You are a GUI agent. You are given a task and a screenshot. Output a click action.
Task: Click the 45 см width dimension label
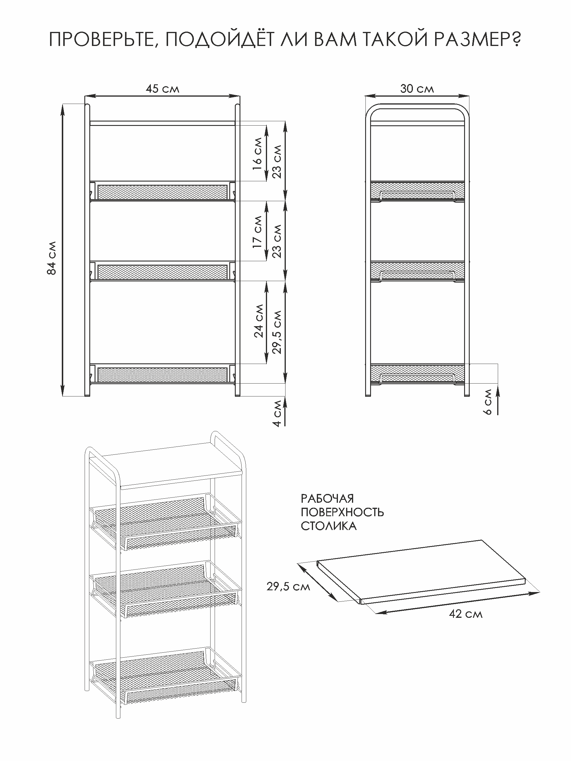pyautogui.click(x=162, y=89)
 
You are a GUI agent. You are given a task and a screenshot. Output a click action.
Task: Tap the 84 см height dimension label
pyautogui.click(x=51, y=258)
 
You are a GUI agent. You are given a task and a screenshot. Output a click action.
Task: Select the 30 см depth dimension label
pyautogui.click(x=417, y=89)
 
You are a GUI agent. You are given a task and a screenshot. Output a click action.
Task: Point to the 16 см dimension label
pyautogui.click(x=257, y=154)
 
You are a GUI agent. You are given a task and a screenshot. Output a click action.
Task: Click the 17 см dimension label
pyautogui.click(x=257, y=232)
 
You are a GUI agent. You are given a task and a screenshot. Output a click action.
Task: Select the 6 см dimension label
pyautogui.click(x=488, y=402)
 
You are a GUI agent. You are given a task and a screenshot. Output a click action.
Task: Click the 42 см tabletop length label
pyautogui.click(x=466, y=614)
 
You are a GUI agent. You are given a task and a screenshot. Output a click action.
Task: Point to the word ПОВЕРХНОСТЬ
pyautogui.click(x=342, y=512)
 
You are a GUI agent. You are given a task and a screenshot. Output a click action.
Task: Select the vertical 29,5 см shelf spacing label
pyautogui.click(x=277, y=332)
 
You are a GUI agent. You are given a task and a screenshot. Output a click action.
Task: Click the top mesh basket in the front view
pyautogui.click(x=162, y=191)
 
